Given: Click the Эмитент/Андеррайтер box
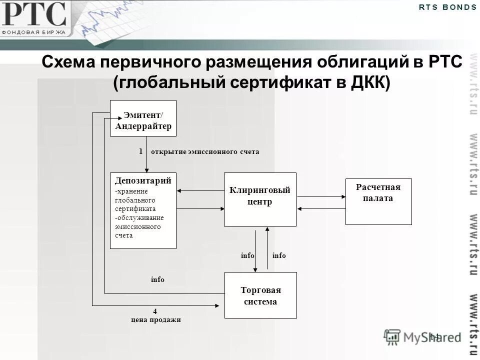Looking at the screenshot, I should click(143, 118).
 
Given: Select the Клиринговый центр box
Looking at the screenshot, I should click(259, 199).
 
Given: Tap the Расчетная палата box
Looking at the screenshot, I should click(378, 201).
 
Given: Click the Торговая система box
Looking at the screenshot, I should click(260, 295).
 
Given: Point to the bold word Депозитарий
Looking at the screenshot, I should click(143, 180).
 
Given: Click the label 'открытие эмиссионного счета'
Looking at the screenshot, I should click(205, 151).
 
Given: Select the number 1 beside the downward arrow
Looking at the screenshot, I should click(141, 151).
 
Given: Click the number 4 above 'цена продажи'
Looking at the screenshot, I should click(155, 311).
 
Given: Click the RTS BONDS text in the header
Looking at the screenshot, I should click(447, 7).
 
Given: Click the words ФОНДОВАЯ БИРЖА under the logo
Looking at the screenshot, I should click(33, 32).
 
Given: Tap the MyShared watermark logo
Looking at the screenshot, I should click(422, 337).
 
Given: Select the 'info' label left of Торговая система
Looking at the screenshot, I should click(157, 280).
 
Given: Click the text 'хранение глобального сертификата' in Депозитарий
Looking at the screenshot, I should click(135, 200).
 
